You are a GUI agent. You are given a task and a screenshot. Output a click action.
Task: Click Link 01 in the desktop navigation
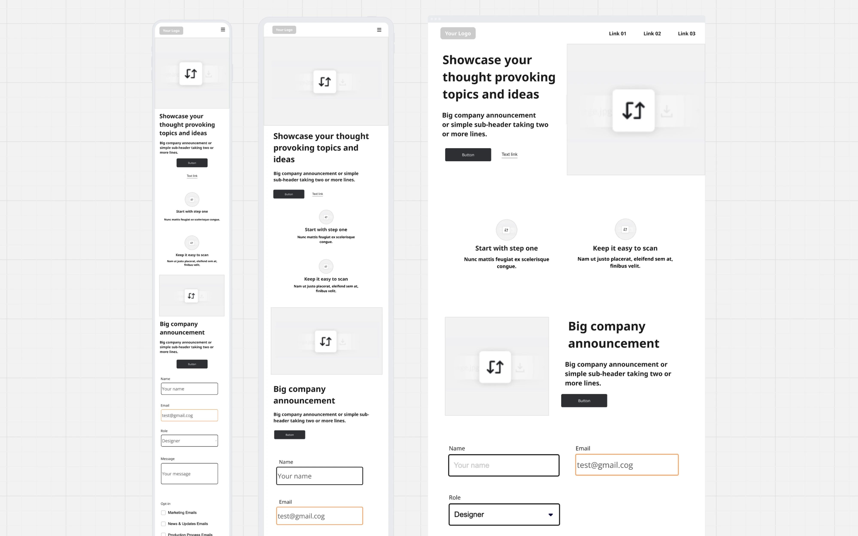[x=617, y=33]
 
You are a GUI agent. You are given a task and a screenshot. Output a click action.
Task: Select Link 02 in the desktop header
[x=652, y=33]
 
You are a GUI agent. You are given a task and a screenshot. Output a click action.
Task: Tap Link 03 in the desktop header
[x=686, y=33]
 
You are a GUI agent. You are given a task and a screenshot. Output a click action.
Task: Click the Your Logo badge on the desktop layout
[x=458, y=33]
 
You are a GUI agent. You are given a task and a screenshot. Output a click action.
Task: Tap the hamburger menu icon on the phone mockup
[x=223, y=30]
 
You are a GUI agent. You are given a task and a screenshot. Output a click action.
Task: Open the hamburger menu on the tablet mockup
[x=379, y=30]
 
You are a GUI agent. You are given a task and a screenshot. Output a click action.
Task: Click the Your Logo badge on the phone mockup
[x=171, y=30]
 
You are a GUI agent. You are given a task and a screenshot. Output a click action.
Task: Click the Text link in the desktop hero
[x=509, y=154]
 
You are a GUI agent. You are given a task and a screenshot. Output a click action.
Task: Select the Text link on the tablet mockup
[x=317, y=194]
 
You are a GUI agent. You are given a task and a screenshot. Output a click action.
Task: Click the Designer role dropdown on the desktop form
[x=504, y=514]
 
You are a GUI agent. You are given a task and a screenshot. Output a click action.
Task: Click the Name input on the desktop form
[x=503, y=465]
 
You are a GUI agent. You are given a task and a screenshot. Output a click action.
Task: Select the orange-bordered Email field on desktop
[x=627, y=465]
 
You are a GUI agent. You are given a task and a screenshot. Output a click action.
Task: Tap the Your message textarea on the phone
[x=189, y=474]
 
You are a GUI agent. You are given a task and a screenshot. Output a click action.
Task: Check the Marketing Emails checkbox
[x=163, y=513]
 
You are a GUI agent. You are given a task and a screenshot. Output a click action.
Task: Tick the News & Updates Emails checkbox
[x=163, y=524]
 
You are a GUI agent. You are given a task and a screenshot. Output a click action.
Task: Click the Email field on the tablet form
[x=319, y=516]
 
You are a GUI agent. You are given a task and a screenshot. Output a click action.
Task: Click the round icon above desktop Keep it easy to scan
[x=625, y=229]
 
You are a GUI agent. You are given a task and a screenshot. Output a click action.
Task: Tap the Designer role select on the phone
[x=189, y=441]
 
